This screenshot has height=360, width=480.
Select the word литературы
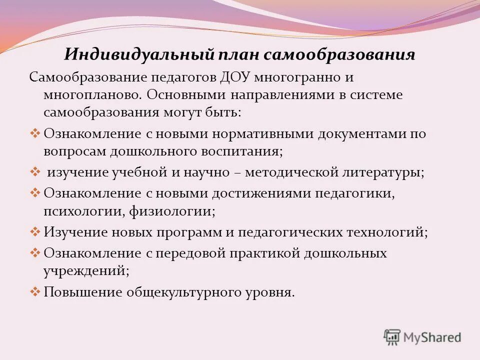pyautogui.click(x=378, y=172)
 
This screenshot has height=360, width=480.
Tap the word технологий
pyautogui.click(x=384, y=232)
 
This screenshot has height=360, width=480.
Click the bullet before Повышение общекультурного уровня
pyautogui.click(x=35, y=291)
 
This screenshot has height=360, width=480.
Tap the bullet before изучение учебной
pyautogui.click(x=35, y=171)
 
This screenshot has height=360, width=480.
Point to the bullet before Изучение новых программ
pyautogui.click(x=35, y=231)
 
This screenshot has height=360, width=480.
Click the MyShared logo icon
pyautogui.click(x=392, y=336)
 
